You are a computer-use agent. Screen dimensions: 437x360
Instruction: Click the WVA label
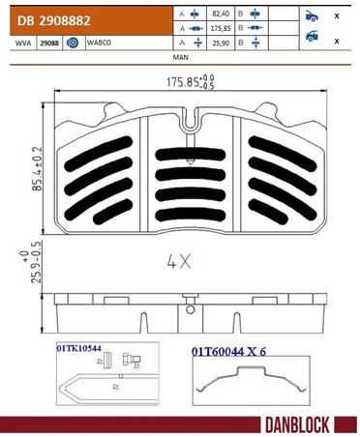[17, 44]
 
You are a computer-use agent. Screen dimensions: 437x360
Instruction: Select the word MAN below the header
[180, 58]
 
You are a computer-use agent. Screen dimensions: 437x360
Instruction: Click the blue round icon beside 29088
[74, 44]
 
